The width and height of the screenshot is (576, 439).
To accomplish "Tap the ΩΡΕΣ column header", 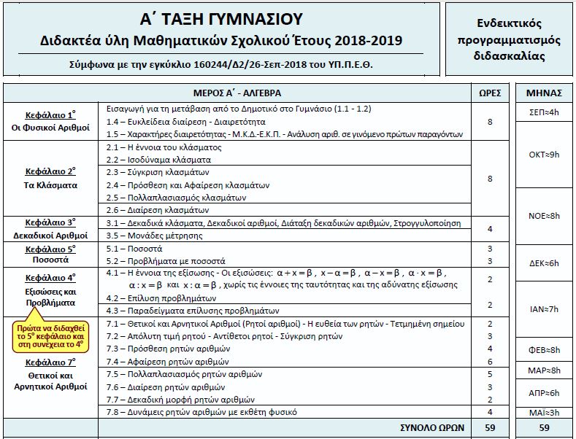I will coord(487,93).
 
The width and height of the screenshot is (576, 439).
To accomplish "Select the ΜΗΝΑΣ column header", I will coord(544,93).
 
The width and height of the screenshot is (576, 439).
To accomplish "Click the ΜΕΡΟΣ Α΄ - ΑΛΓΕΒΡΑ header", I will coord(237,93).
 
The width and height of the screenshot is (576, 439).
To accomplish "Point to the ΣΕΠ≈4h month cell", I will coord(544,112).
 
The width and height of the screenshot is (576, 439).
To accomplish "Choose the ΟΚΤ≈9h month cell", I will coord(544,155).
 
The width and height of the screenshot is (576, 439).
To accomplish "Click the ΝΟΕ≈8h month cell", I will coord(544,216).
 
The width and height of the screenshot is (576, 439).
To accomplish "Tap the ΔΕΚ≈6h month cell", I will coord(544,263).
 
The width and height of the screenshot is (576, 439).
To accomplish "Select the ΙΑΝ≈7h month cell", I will coord(544,309).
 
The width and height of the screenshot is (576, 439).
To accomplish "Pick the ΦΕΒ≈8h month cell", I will coord(544,349).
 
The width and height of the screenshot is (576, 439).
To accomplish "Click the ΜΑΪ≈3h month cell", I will coord(544,412).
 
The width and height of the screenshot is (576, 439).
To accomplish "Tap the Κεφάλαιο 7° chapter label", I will coord(51,362).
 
